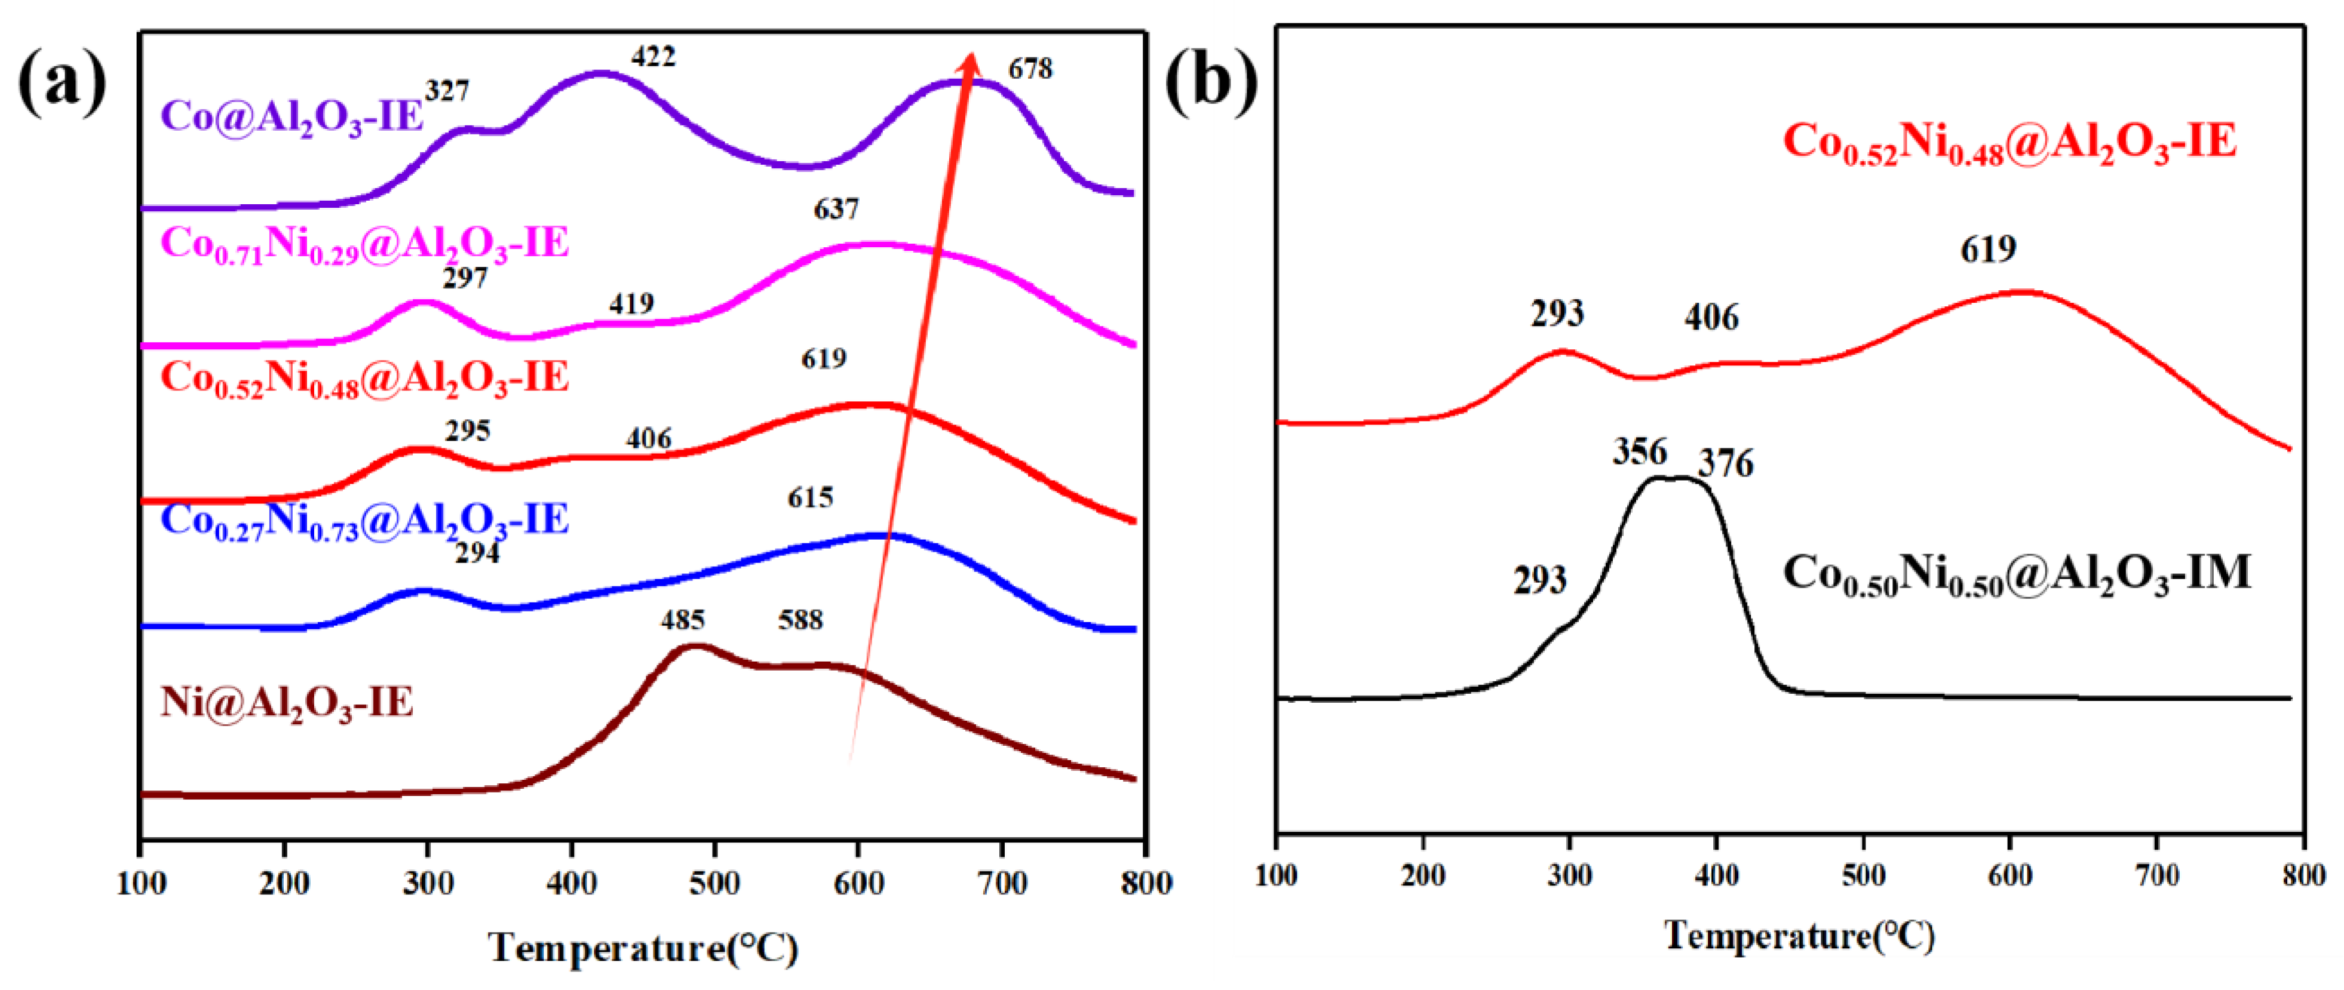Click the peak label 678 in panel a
tap(1030, 69)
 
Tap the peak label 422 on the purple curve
tap(654, 57)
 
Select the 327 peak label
tap(447, 91)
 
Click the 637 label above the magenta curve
tap(835, 210)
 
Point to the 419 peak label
tap(631, 304)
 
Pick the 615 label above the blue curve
tap(810, 498)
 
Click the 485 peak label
tap(682, 620)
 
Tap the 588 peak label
tap(800, 620)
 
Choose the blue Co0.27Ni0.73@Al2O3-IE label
tap(364, 521)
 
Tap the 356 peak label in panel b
tap(1640, 452)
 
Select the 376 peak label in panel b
tap(1725, 464)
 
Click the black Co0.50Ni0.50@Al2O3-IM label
tap(2015, 574)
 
